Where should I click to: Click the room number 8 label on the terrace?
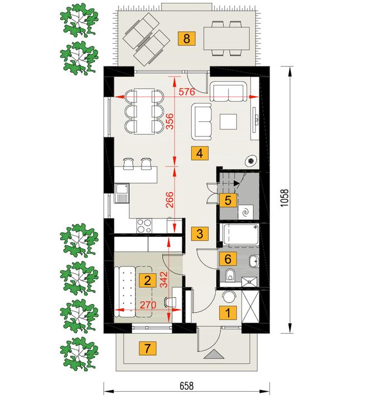click(x=187, y=39)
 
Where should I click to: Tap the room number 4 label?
click(x=200, y=153)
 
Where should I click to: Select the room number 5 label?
click(x=228, y=200)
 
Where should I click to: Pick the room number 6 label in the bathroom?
click(x=228, y=259)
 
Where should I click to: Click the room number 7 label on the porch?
click(x=148, y=348)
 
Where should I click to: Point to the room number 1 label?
click(x=228, y=312)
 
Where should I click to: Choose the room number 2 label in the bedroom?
click(x=148, y=281)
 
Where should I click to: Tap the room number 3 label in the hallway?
click(x=200, y=234)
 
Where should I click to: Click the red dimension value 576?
click(x=187, y=92)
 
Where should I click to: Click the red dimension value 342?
click(x=164, y=279)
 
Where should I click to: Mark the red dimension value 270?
click(x=148, y=305)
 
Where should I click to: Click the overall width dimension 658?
click(x=187, y=386)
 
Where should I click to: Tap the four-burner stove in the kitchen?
click(x=144, y=226)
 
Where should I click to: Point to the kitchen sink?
click(x=122, y=193)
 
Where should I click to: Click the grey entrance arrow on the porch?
click(x=214, y=354)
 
